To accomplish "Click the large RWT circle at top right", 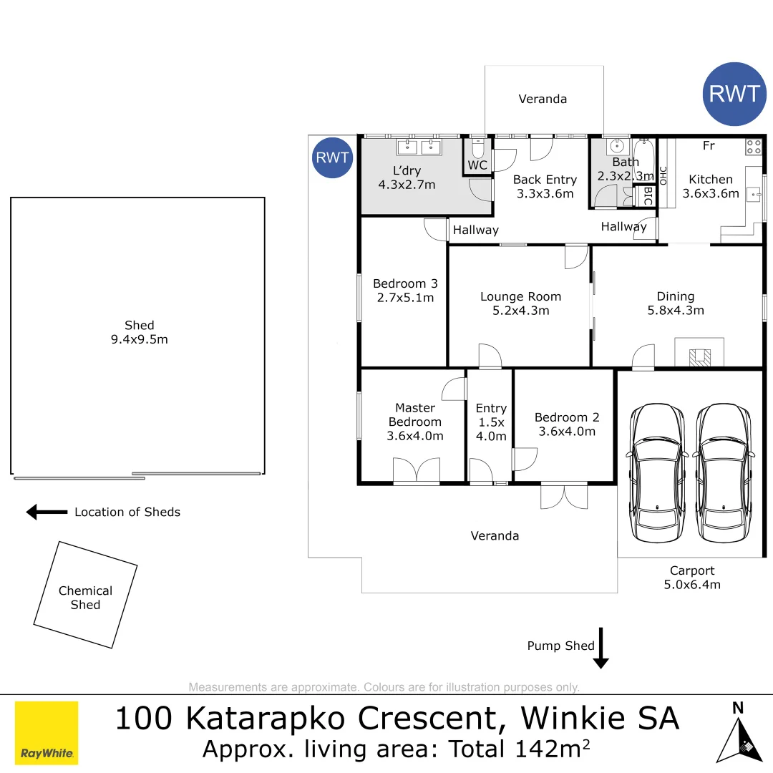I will tap(734, 94).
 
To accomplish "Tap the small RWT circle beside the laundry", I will tap(333, 157).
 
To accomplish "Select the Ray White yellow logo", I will tap(47, 732).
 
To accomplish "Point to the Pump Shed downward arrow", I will tap(601, 648).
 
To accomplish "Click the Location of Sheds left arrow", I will tap(47, 512).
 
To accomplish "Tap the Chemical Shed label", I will tap(85, 598).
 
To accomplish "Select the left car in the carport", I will tap(656, 473).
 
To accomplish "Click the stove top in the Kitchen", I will tap(754, 147).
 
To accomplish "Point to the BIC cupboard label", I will tap(647, 196).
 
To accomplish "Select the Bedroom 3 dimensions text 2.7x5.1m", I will tap(405, 298).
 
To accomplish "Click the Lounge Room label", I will tap(520, 296).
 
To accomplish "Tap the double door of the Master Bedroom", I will tap(417, 472).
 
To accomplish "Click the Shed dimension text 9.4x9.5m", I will tap(139, 339).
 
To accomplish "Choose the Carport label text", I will tap(692, 570).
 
